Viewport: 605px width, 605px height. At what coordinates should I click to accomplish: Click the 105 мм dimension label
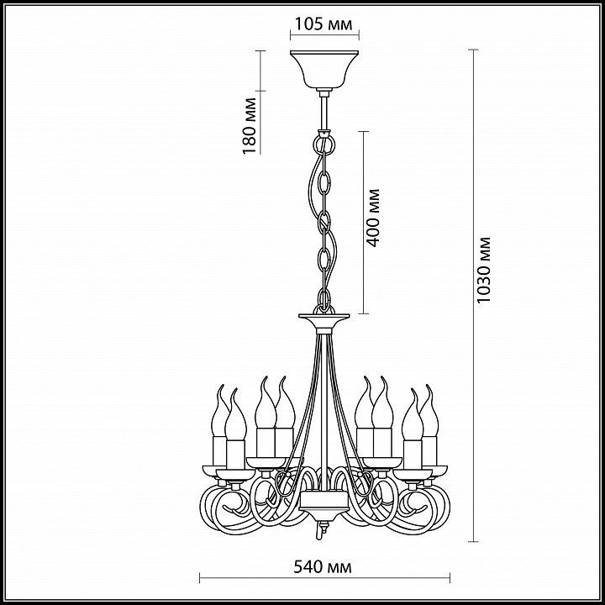(324, 24)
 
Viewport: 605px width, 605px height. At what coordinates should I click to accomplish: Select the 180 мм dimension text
(250, 126)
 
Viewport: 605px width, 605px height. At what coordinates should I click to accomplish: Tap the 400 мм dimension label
(373, 218)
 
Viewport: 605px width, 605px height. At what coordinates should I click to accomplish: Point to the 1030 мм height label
(483, 270)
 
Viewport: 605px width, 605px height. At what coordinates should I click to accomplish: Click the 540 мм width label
(323, 567)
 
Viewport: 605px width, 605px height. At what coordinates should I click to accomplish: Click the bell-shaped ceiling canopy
(324, 70)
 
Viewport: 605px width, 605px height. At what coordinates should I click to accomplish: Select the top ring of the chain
(324, 143)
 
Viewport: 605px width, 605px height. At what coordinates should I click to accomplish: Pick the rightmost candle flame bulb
(429, 411)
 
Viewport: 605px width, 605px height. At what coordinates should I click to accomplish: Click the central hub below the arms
(324, 502)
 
